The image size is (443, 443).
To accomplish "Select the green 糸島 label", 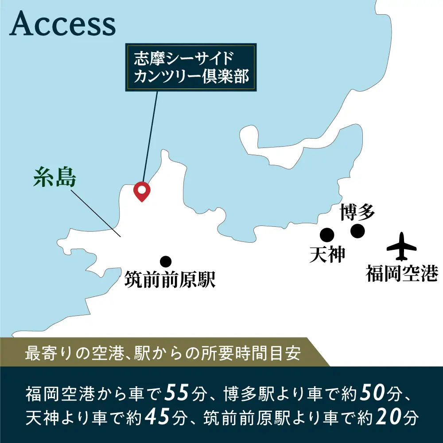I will (55, 178).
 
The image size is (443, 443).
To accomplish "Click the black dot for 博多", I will (357, 231).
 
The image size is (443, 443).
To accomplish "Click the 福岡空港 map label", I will (401, 273).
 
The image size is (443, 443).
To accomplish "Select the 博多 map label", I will (357, 212).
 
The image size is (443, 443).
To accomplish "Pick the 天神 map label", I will (327, 254).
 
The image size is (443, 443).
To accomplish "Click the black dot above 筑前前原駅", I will (166, 261).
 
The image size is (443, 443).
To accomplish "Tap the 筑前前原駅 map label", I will (170, 280).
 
